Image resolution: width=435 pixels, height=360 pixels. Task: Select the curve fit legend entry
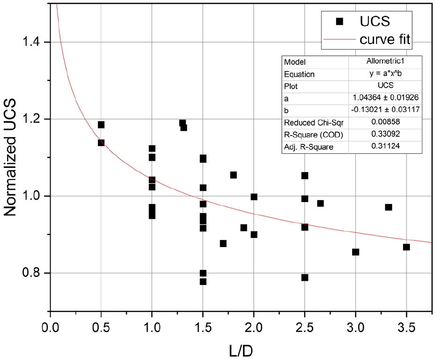tap(385, 40)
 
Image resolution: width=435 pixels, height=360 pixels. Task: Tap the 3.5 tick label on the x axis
tap(406, 326)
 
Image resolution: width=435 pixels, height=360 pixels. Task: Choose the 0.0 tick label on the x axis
tap(50, 326)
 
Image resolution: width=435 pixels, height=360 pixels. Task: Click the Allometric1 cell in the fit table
tap(385, 62)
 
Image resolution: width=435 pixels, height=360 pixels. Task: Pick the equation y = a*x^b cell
tap(385, 74)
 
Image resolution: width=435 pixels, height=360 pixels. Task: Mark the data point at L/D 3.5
tap(406, 247)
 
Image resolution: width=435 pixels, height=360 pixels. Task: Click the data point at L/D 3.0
tap(355, 252)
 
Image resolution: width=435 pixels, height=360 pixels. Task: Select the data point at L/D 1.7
tap(223, 244)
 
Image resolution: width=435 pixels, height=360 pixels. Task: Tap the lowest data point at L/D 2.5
tap(305, 277)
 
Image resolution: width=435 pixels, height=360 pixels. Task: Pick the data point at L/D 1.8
tap(233, 175)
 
